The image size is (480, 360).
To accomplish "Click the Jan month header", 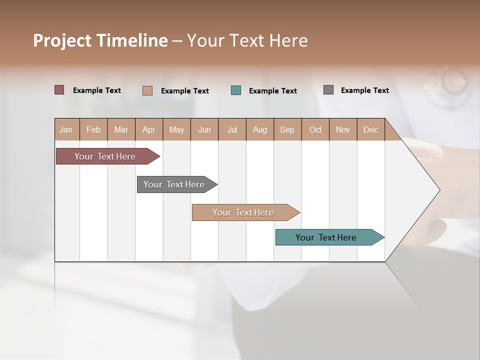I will tap(66, 129).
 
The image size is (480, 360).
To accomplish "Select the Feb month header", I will tap(93, 129).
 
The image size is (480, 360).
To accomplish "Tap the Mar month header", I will tap(121, 129).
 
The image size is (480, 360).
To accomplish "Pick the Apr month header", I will tap(149, 129).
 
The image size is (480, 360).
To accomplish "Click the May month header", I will tap(176, 129).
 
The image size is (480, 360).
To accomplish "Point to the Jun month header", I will tap(204, 129).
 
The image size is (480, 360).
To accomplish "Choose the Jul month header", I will tap(232, 129).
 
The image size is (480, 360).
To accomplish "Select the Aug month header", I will tap(260, 129).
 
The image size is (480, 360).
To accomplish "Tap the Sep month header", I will tap(287, 129).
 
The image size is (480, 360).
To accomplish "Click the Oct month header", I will tap(315, 129).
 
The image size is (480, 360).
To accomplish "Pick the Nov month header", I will tap(343, 129).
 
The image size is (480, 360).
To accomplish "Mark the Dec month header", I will tap(371, 129).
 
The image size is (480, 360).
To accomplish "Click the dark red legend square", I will tap(59, 90).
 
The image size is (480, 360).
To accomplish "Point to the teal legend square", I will tap(236, 90).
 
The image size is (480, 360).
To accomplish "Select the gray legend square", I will tap(328, 90).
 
